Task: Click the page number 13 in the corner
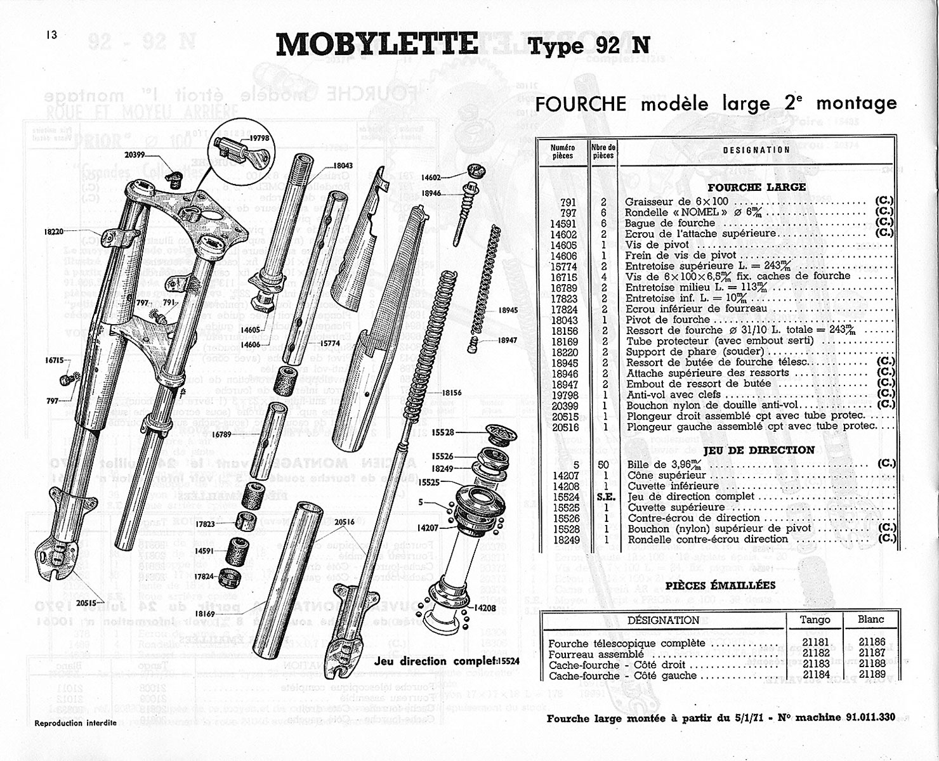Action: tap(51, 35)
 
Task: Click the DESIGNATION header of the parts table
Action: tap(756, 150)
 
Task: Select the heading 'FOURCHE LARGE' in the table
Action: tap(756, 187)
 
